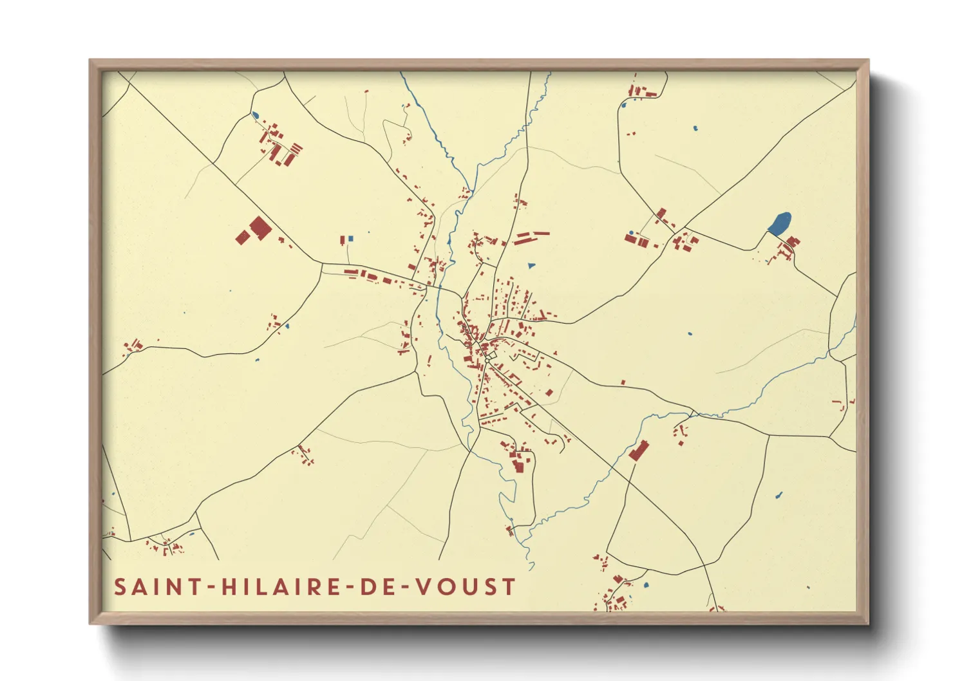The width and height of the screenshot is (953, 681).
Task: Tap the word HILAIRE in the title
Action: [281, 587]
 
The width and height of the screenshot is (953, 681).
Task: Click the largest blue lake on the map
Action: [780, 223]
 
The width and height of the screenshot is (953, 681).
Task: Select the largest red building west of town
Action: [259, 229]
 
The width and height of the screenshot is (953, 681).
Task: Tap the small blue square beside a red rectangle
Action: [350, 239]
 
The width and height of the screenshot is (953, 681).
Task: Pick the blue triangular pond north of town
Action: [531, 265]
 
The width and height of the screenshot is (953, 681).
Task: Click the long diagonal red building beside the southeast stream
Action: [638, 451]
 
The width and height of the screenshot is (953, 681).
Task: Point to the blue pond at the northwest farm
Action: [255, 116]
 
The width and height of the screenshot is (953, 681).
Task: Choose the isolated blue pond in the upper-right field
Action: [695, 128]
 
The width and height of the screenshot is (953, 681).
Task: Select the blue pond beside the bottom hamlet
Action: [645, 586]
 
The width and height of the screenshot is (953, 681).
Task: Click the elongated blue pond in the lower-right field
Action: [778, 496]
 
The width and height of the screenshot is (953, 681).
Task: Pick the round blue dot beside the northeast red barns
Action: [631, 232]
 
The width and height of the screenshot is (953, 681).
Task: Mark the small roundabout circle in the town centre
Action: [489, 358]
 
